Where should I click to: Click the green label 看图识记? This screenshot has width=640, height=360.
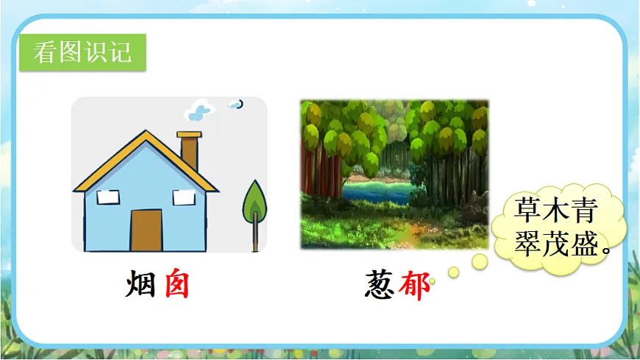coord(82,52)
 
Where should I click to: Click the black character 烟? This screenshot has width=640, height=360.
coord(140,285)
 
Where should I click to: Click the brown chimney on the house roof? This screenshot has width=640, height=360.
coord(189,150)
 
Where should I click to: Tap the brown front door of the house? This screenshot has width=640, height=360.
coord(146,230)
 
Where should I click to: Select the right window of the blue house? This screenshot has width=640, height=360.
coord(183,197)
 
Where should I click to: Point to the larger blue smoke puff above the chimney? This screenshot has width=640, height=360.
coord(199,112)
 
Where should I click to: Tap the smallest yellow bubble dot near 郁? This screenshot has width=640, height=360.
coord(432,280)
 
